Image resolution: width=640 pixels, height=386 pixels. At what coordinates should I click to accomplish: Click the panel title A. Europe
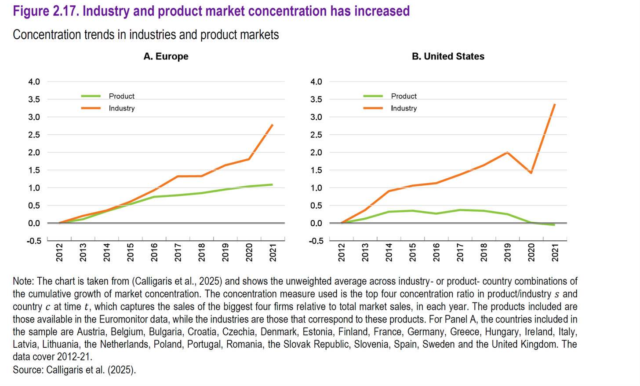[166, 56]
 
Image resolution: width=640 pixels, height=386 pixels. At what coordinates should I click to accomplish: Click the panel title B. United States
[448, 56]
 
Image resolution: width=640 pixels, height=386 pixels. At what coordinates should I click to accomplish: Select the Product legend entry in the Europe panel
[121, 96]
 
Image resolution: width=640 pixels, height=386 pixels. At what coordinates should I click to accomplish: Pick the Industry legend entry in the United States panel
[404, 108]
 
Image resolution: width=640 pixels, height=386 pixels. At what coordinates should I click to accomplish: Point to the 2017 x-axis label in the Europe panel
[178, 253]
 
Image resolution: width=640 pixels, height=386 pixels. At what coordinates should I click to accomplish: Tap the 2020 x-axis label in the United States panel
[531, 253]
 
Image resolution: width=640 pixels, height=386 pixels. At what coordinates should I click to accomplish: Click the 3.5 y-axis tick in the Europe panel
[34, 99]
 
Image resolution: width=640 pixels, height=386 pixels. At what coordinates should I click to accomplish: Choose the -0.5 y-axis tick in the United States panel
[316, 241]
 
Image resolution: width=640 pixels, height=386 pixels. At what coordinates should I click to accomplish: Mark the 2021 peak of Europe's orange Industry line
[273, 125]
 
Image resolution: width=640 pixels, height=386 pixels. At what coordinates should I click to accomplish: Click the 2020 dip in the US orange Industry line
[531, 173]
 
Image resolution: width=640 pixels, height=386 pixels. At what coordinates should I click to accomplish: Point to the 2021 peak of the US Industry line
[555, 104]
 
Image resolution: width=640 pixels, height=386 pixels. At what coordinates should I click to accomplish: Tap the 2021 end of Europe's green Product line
[272, 184]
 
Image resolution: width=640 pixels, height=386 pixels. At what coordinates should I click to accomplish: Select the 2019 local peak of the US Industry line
[508, 152]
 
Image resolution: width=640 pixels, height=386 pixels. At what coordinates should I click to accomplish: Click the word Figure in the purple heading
[31, 11]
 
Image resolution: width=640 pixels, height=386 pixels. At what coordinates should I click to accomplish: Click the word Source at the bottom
[27, 370]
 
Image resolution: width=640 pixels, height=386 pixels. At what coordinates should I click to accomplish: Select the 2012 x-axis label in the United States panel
[342, 253]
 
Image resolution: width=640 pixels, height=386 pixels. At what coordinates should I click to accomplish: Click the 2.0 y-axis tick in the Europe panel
[34, 153]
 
